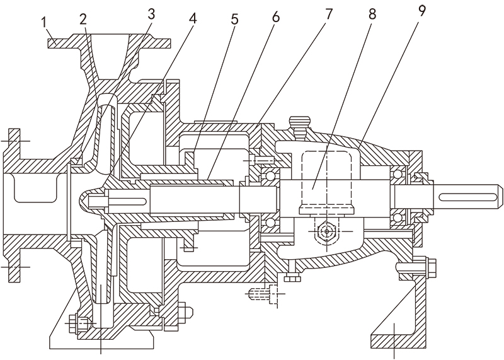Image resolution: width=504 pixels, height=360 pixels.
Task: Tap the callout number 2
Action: pos(83,18)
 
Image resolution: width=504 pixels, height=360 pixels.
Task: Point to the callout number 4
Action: pos(193,18)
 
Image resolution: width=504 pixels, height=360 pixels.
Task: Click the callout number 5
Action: pos(234,19)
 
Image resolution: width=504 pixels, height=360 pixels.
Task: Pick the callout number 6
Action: pos(275,18)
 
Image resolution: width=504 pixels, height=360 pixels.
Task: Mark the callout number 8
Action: pos(372,14)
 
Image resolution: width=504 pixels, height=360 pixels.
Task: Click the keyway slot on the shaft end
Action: pos(469,199)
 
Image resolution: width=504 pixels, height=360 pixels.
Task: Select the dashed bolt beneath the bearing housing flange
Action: pos(262,293)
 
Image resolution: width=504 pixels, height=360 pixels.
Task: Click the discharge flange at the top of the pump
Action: pos(110,43)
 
